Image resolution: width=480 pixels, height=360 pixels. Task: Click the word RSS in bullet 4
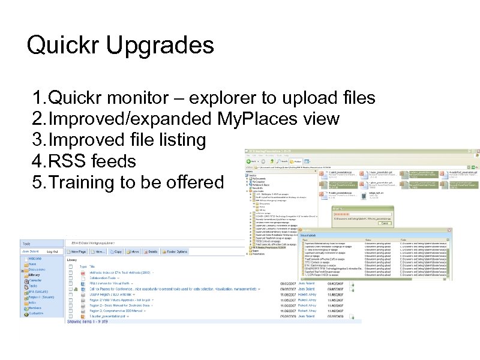click(x=62, y=161)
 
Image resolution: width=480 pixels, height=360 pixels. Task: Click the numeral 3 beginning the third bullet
click(x=38, y=140)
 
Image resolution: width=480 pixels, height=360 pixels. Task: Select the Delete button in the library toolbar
click(x=151, y=251)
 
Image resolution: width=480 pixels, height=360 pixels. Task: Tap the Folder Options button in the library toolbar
click(x=175, y=251)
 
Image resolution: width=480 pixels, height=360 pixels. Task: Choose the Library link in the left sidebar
click(x=34, y=275)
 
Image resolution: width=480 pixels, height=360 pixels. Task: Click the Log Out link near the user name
click(x=52, y=251)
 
